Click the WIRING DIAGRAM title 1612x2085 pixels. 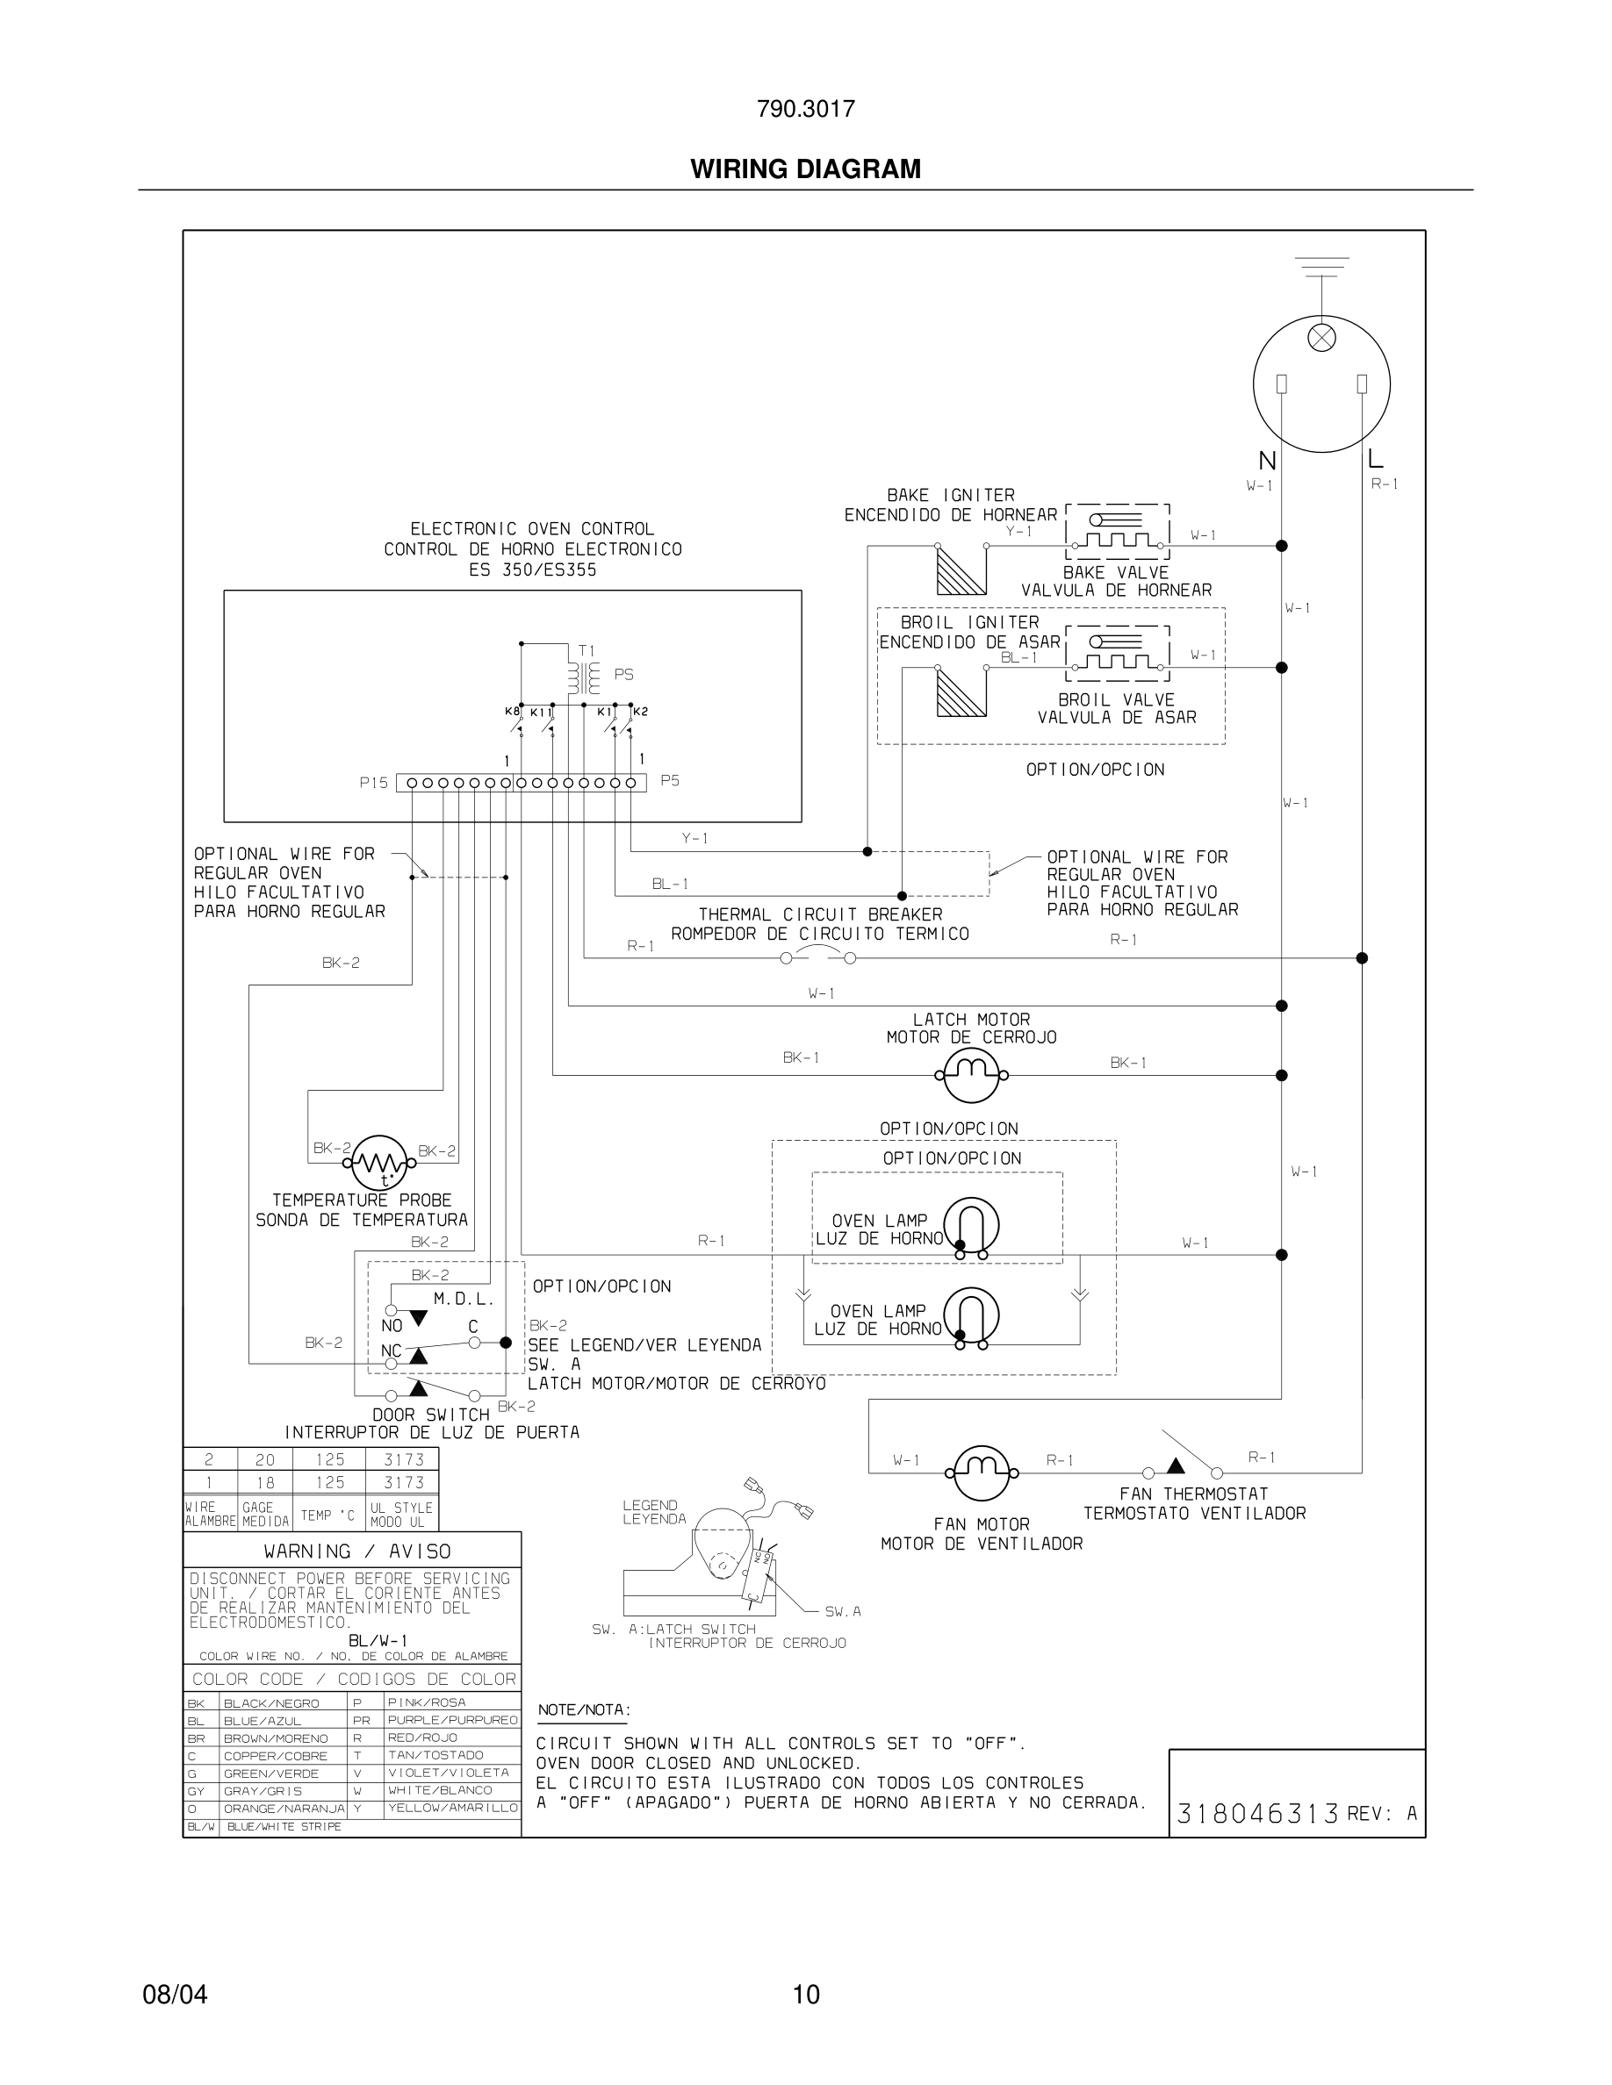[x=805, y=169]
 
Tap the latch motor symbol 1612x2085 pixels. [x=971, y=1074]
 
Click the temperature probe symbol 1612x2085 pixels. [x=380, y=1163]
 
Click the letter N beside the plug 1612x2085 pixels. [x=1267, y=461]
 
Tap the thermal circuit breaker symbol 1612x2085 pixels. [x=818, y=957]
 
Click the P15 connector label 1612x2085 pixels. [x=373, y=783]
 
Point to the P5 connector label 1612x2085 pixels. [x=671, y=781]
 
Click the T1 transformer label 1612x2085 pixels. [x=587, y=651]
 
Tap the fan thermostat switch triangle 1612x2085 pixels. [x=1177, y=1465]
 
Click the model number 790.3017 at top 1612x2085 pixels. [x=805, y=109]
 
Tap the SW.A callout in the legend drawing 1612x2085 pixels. [x=842, y=1611]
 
